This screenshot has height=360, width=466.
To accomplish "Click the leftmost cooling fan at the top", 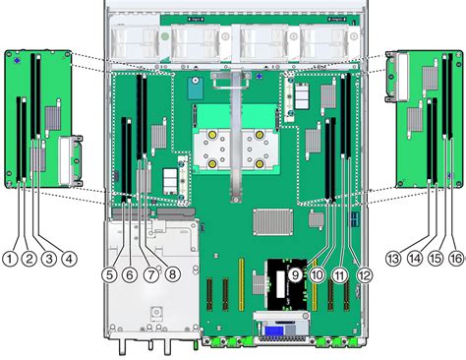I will pos(138,42).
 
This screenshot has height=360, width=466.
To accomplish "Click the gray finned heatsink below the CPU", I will pos(274,222).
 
